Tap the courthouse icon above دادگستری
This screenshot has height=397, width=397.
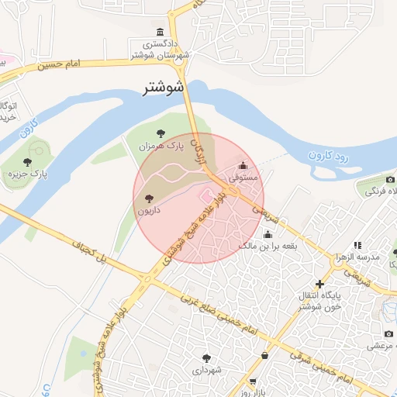point(160,32)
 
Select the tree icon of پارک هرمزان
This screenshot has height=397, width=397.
point(161,133)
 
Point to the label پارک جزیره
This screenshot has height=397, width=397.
point(45,175)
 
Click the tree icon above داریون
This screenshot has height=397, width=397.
point(149,198)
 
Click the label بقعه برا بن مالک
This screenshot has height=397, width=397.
point(268,246)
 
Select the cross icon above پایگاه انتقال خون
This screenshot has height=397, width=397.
point(319,284)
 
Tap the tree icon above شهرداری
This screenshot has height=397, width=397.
point(206,358)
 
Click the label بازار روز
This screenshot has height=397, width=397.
point(252,392)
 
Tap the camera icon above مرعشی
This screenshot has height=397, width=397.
point(389,333)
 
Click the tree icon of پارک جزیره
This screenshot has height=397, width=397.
point(28,162)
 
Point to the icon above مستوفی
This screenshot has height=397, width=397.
point(243,165)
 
